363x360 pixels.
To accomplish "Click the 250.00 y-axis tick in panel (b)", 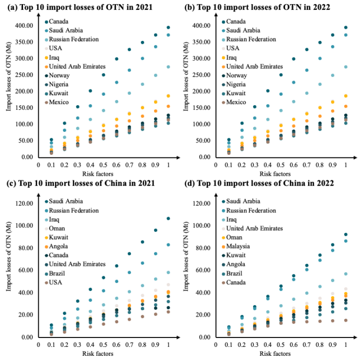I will point(202,75).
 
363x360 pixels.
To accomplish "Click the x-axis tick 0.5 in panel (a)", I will point(104,165).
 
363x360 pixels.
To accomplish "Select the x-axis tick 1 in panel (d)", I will point(345,344).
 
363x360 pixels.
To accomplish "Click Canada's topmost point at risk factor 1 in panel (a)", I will point(168,27).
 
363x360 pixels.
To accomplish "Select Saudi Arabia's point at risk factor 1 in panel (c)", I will point(168,218).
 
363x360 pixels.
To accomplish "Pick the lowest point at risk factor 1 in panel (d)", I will point(346,320).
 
